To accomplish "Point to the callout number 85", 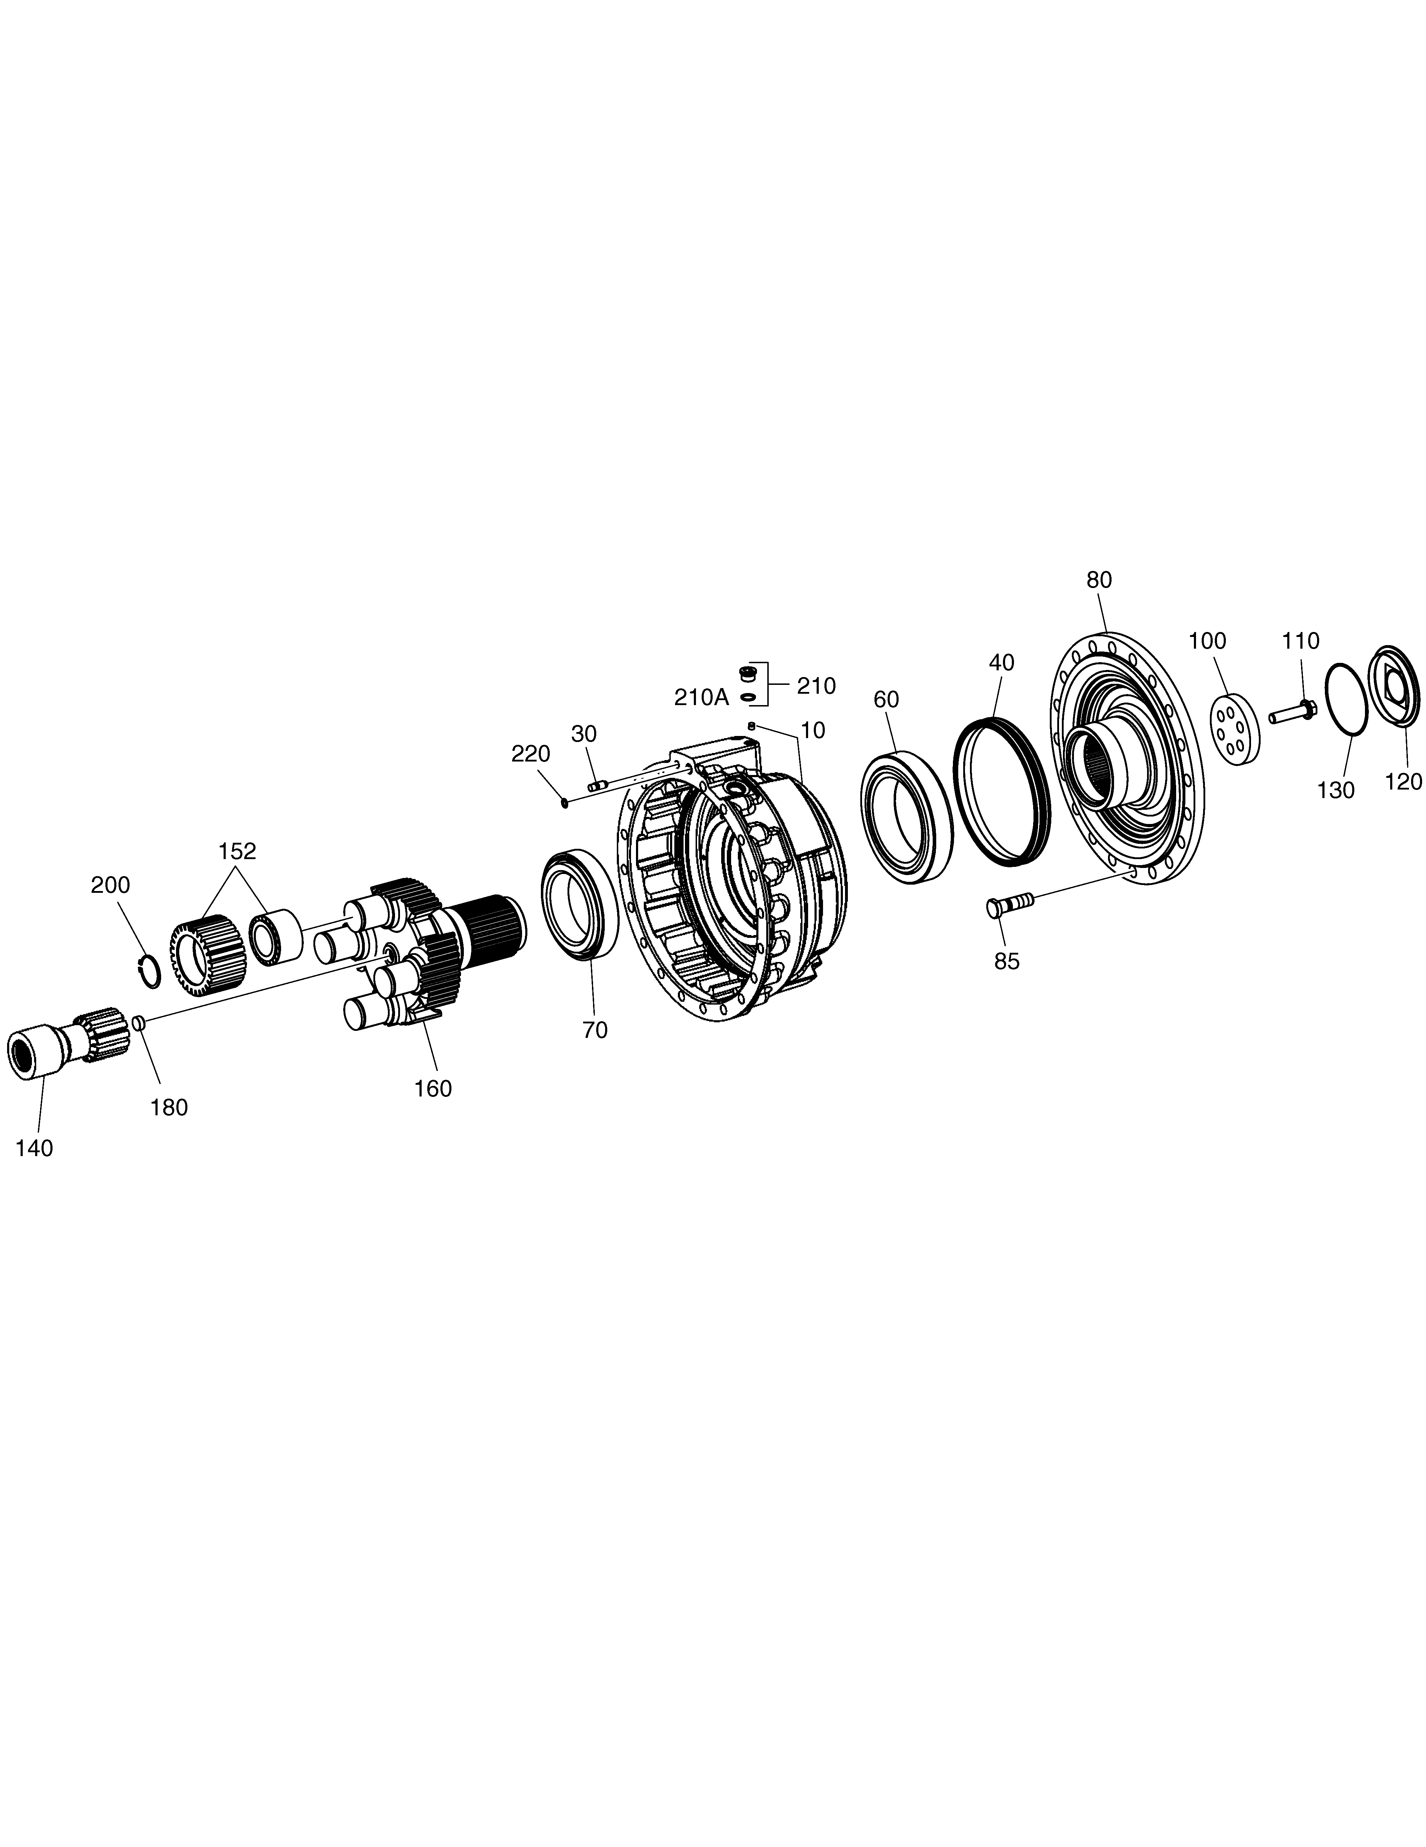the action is pos(1007,961).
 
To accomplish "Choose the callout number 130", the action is pos(1335,790).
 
